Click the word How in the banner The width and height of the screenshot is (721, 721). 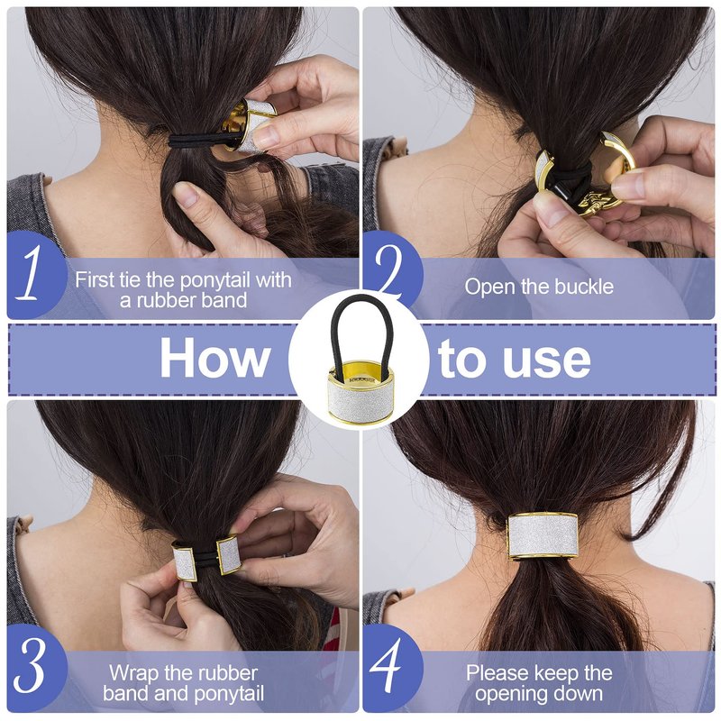[x=214, y=358]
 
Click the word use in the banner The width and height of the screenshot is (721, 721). [x=547, y=361]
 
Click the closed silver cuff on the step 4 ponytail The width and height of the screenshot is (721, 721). [x=543, y=536]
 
